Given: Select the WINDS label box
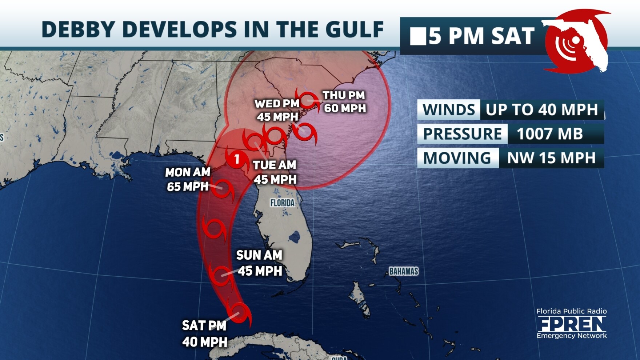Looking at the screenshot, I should click(x=449, y=110).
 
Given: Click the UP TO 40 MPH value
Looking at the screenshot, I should click(x=541, y=110).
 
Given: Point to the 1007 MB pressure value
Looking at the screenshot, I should click(x=549, y=134).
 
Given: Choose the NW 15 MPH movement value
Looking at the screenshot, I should click(x=551, y=158).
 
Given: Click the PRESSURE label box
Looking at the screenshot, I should click(x=462, y=134).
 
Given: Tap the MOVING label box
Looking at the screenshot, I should click(x=457, y=158).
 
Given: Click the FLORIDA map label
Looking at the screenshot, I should click(x=282, y=203).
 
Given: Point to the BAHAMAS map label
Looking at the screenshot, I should click(x=404, y=271).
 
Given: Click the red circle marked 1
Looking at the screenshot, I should click(x=237, y=159).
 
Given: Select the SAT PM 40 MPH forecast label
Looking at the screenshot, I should click(x=204, y=333).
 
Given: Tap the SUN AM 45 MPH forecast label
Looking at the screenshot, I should click(x=259, y=263).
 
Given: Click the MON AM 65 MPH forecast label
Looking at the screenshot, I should click(x=188, y=179).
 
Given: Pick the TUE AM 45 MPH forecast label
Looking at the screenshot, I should click(x=275, y=172).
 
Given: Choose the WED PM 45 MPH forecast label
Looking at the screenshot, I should click(x=277, y=110).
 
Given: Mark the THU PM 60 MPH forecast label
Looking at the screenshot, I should click(x=344, y=102).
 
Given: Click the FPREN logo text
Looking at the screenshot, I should click(x=572, y=324).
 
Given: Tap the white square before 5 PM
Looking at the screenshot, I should click(x=418, y=37).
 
